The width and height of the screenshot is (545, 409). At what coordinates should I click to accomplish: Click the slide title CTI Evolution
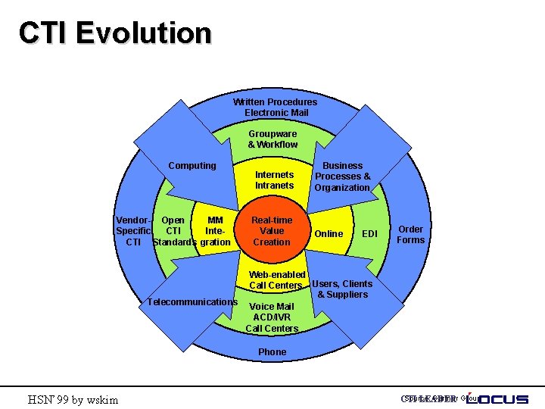coord(115,33)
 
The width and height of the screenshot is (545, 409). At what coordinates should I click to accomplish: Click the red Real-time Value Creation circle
coord(271,231)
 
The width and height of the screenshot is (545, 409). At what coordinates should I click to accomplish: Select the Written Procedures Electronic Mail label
coord(275,107)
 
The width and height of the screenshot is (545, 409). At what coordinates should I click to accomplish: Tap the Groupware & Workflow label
coord(272,139)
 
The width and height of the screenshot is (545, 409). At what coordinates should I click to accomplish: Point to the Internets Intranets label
coord(274,180)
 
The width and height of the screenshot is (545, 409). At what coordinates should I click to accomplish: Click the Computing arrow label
coord(192,165)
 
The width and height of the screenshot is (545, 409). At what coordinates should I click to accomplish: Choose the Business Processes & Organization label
coord(342,176)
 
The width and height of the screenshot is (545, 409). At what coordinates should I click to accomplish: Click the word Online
coord(329,234)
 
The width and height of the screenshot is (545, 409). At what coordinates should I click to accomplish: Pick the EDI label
coord(369,234)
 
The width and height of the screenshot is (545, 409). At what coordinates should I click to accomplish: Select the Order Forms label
coord(411,234)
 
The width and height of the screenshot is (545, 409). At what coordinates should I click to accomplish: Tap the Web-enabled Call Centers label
coord(277,279)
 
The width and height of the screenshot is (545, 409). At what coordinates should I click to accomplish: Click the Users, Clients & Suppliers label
coord(342,289)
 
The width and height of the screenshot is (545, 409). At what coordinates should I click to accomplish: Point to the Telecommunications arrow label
coord(192,301)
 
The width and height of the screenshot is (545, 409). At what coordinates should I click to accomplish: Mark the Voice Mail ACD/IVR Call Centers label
coord(272,317)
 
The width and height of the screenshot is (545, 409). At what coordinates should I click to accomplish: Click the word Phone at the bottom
coord(272,351)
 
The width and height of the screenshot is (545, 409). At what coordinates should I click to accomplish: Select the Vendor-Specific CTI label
coord(133,231)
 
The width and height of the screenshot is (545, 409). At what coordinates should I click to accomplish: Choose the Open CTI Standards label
coord(173,231)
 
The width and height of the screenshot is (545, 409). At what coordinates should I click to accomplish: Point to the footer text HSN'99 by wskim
coord(73,399)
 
